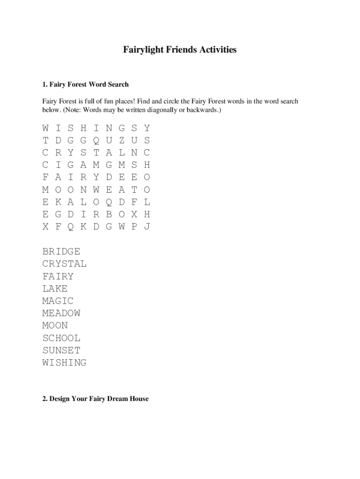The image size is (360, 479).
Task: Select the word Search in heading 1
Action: pyautogui.click(x=118, y=84)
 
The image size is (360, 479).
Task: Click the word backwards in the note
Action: pyautogui.click(x=202, y=110)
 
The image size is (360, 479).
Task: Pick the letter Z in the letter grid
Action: pyautogui.click(x=122, y=140)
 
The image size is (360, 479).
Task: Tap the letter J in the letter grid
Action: pyautogui.click(x=147, y=226)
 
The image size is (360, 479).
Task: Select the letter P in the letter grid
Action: pyautogui.click(x=134, y=226)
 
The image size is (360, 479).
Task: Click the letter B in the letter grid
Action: pyautogui.click(x=109, y=214)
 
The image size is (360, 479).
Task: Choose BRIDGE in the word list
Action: pyautogui.click(x=61, y=252)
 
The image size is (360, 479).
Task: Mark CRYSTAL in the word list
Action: pyautogui.click(x=64, y=264)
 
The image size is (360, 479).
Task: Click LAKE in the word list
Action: pyautogui.click(x=55, y=289)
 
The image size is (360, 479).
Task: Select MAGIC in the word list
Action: pyautogui.click(x=58, y=301)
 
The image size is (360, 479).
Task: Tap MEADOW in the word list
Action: pyautogui.click(x=61, y=313)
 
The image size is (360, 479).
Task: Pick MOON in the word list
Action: pyautogui.click(x=55, y=326)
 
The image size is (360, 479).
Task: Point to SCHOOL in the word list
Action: pyautogui.click(x=61, y=338)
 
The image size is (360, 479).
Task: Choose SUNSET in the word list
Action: pyautogui.click(x=61, y=350)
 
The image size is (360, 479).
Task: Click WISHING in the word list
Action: pyautogui.click(x=64, y=363)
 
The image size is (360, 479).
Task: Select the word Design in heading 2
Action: pyautogui.click(x=60, y=399)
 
